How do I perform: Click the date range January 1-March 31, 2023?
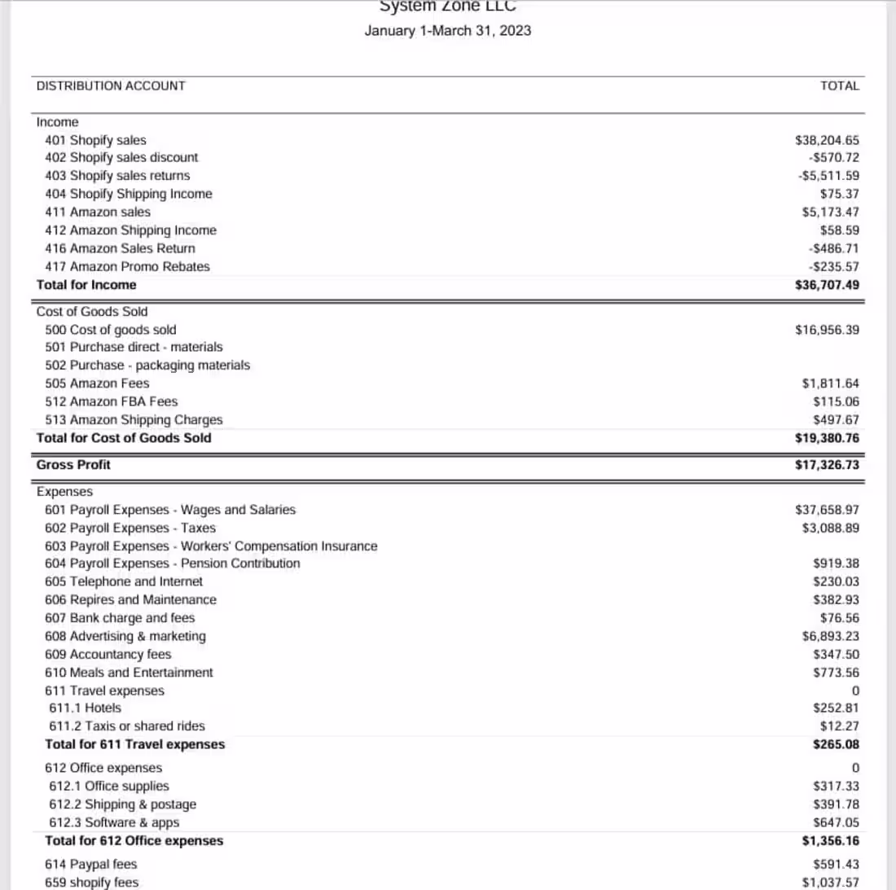pos(447,31)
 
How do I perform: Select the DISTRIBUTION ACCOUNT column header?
pos(111,85)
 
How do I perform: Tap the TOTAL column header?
pos(839,85)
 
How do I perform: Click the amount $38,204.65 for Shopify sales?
pos(826,140)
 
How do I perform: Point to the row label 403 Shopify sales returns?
pos(117,175)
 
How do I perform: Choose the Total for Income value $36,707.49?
pos(826,285)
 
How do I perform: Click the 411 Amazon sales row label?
pos(98,212)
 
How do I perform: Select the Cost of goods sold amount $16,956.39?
pos(826,330)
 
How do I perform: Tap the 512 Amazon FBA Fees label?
pos(111,401)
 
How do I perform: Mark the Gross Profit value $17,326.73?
pos(826,465)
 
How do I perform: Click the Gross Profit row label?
pos(73,465)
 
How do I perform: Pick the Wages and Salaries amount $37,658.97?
pos(826,510)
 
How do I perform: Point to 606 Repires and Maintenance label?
pos(130,599)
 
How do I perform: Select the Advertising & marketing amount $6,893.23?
pos(830,636)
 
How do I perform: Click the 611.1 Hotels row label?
pos(85,708)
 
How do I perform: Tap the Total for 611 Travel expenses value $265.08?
pos(836,744)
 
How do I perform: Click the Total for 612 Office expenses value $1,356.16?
pos(830,841)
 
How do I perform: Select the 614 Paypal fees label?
pos(91,864)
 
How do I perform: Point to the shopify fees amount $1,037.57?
pos(830,883)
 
